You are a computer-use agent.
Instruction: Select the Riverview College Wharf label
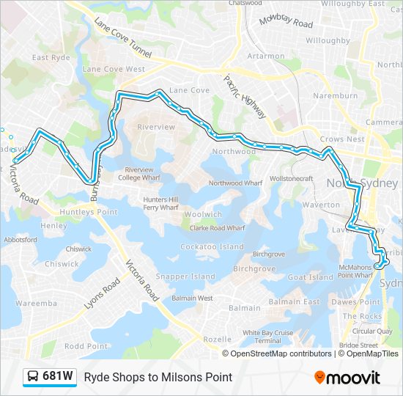pos(138,174)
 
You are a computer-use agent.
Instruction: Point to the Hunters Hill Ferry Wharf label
pos(160,203)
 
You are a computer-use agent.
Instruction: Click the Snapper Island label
pos(185,277)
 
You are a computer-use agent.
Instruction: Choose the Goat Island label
pos(311,277)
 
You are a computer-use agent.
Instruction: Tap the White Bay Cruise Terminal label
pos(267,337)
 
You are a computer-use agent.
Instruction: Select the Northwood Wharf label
pos(235,183)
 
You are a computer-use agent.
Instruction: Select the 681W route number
pos(58,377)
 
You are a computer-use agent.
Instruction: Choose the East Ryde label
pos(51,57)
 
